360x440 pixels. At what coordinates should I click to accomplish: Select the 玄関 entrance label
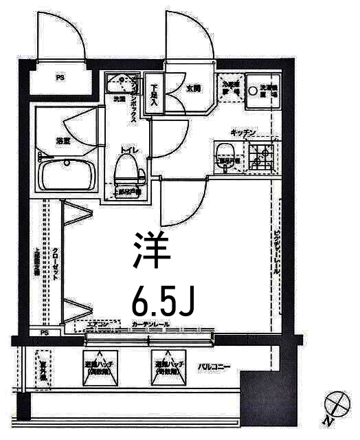coord(193,89)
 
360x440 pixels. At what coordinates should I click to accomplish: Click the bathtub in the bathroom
coord(67,175)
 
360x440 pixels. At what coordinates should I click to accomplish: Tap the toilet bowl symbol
coord(124,168)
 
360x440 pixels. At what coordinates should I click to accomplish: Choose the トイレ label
coord(128,148)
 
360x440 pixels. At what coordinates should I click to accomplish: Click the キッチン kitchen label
coord(243,132)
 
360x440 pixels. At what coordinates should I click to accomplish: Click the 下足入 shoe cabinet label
coord(155,95)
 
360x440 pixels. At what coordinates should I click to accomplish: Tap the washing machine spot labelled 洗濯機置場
coord(262,90)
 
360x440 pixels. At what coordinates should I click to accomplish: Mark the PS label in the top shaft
coord(59,78)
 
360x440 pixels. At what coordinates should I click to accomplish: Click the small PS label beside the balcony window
coord(45,333)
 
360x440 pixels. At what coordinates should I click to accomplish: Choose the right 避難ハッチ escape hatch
coord(168,367)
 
